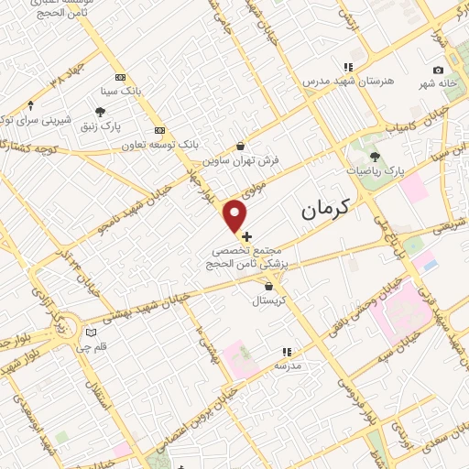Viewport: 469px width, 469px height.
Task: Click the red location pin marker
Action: point(236,215)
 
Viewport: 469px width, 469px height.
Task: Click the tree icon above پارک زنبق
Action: point(101,111)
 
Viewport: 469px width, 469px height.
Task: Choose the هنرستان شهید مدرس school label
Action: point(348,81)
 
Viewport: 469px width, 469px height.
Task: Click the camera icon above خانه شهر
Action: point(438,71)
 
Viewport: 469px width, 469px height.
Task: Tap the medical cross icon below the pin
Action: point(245,236)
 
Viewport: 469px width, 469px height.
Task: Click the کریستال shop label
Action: point(270,300)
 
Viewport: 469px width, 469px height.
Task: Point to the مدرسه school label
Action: point(288,365)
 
